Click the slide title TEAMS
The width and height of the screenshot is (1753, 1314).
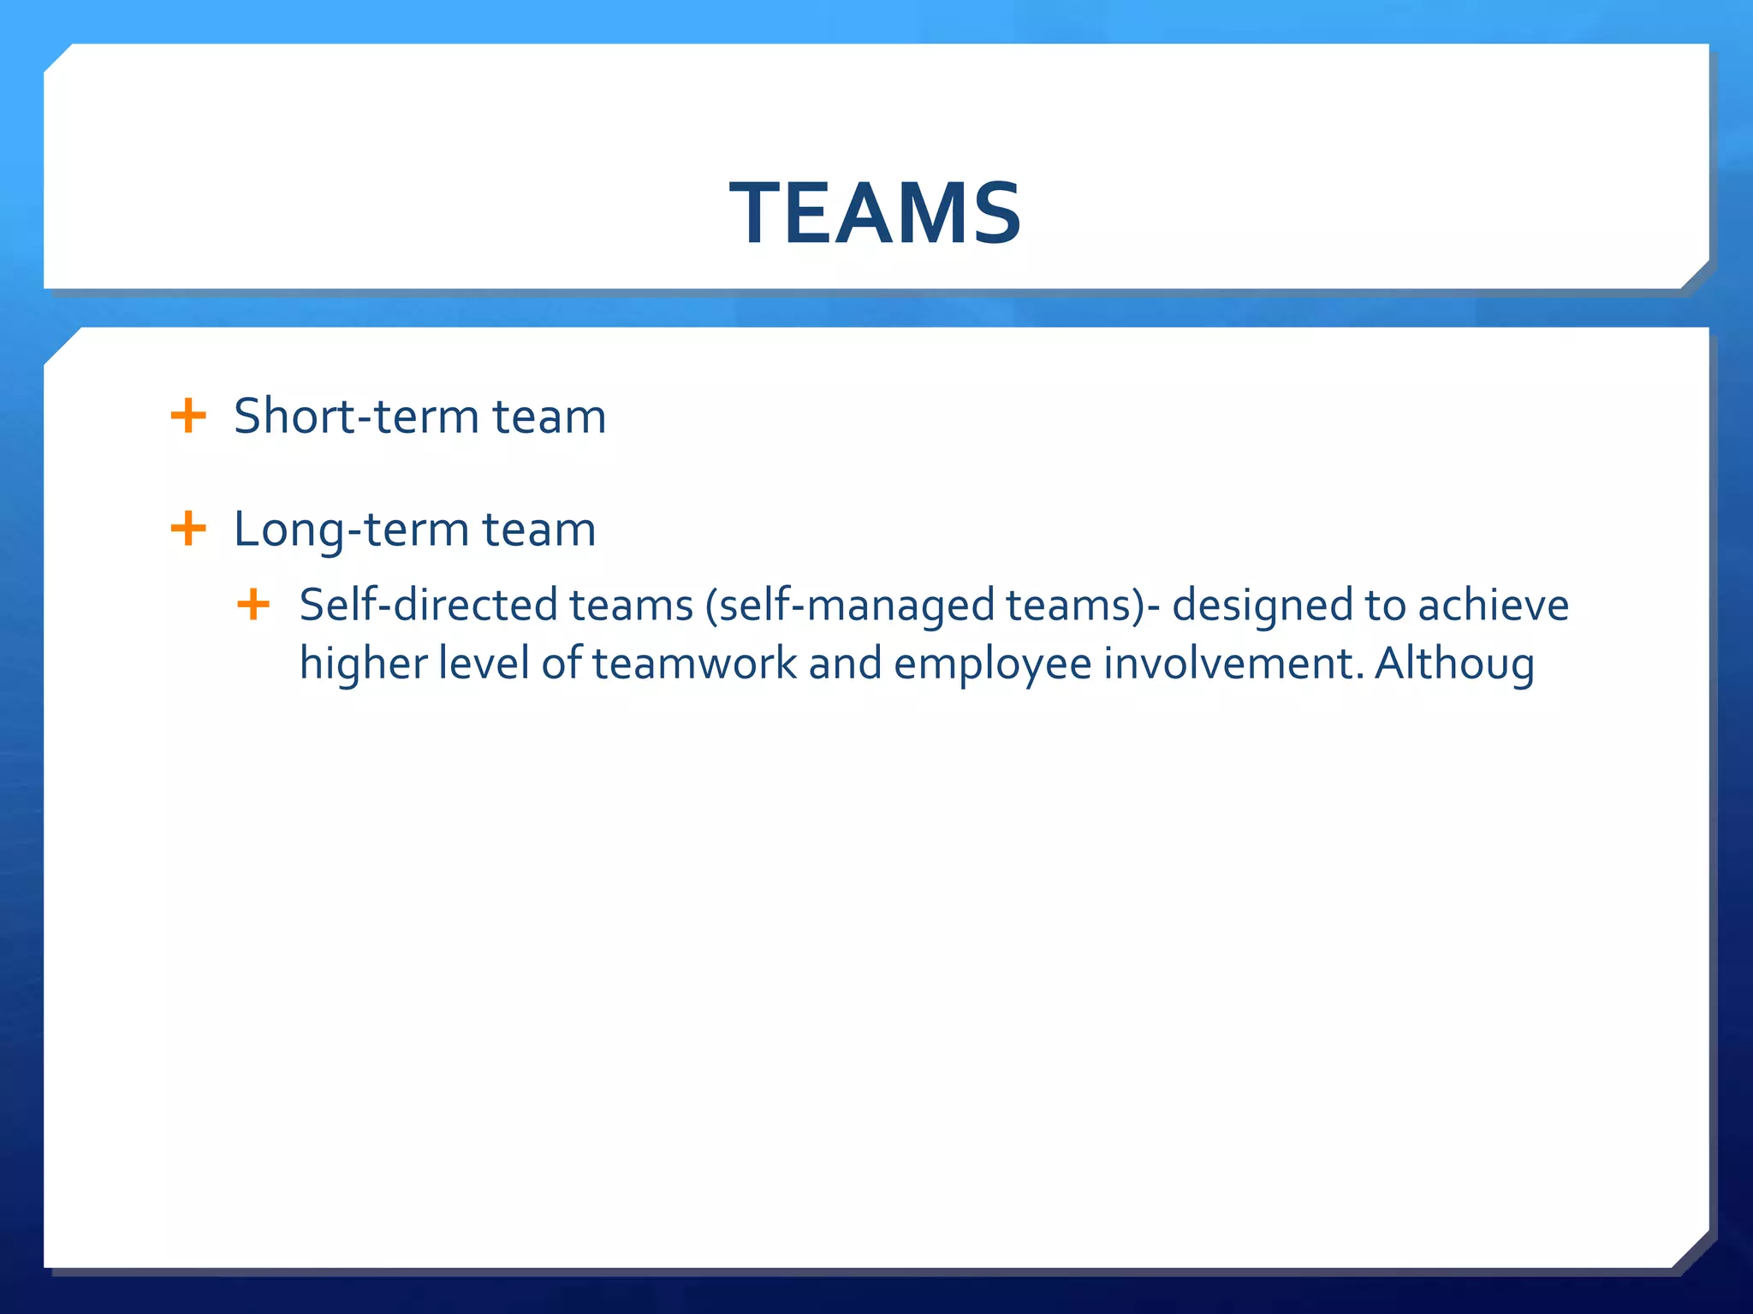click(x=876, y=214)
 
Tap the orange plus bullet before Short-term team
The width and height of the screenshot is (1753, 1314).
click(x=188, y=417)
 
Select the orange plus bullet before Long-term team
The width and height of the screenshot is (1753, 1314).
click(x=188, y=529)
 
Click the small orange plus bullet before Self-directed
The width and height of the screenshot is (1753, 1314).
click(x=253, y=605)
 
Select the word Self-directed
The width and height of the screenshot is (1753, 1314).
click(x=428, y=605)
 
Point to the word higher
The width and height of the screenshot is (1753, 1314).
click(x=363, y=665)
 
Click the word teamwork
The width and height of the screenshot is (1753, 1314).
click(x=694, y=664)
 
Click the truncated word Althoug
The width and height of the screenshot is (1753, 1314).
click(x=1454, y=665)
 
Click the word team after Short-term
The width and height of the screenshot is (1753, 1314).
click(x=549, y=417)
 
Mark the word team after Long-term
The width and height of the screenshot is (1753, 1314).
click(x=538, y=530)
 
